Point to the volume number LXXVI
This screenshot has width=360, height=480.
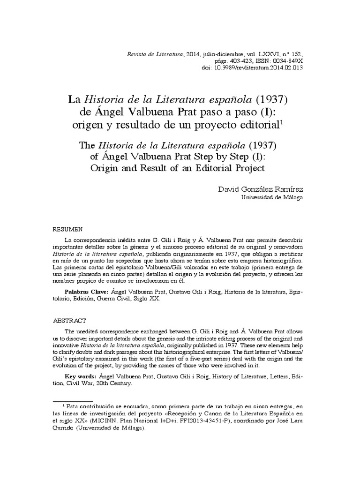[x=265, y=54]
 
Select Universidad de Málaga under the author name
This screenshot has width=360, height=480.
[x=271, y=197]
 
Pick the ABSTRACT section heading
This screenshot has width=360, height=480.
[x=69, y=321]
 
